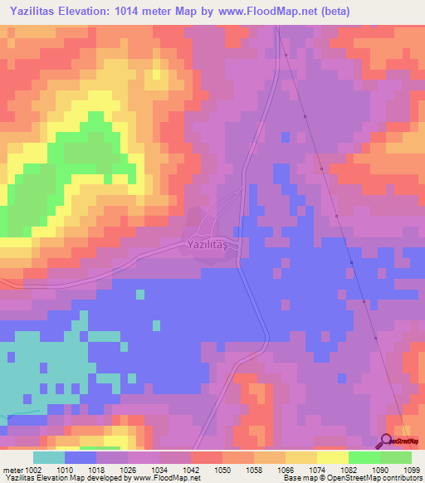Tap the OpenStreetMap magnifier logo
tap(387, 442)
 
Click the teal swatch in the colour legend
tap(49, 457)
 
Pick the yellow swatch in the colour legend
tap(333, 457)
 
